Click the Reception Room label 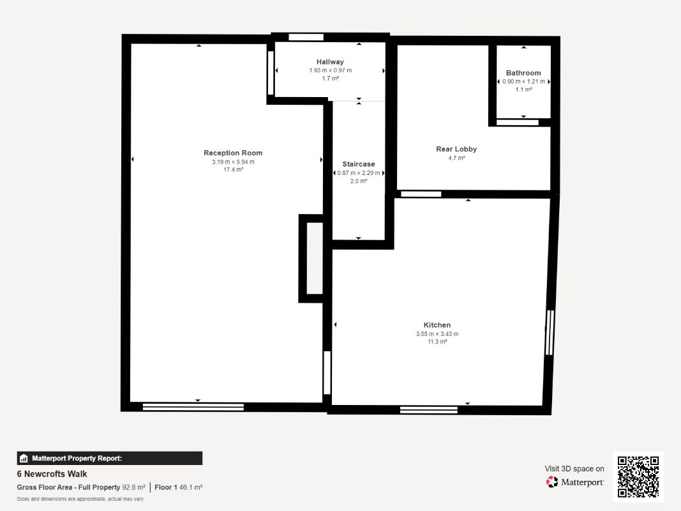point(233,153)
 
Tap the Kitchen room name point(437,325)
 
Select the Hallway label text point(330,62)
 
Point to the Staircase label point(358,164)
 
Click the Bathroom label point(523,73)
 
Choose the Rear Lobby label point(456,149)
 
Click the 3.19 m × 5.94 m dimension point(233,162)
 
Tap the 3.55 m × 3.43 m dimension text point(437,333)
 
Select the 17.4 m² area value point(233,169)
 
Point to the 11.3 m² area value point(437,342)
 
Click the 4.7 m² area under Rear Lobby point(456,158)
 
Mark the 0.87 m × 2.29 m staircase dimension point(358,173)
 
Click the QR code point(638,477)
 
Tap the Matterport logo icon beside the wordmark point(552,482)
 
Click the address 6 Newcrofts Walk point(52,474)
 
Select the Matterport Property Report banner point(109,458)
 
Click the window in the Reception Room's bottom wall point(193,407)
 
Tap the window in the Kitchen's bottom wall point(429,409)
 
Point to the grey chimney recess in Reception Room point(315,259)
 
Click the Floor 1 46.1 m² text point(179,487)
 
